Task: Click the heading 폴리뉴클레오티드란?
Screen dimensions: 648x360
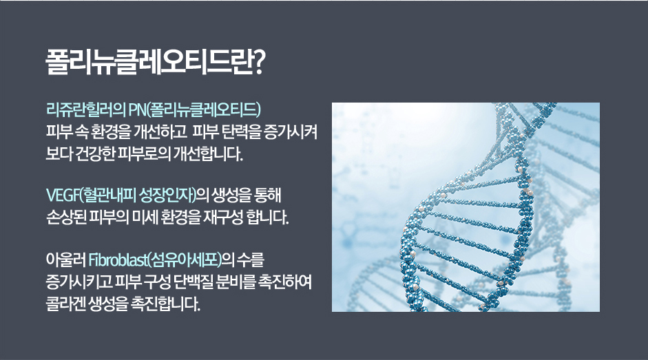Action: pos(154,63)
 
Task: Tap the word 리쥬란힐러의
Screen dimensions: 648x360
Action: pos(85,109)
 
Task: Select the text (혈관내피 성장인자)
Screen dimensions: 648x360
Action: pos(138,195)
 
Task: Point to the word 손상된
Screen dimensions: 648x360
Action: pos(65,217)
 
